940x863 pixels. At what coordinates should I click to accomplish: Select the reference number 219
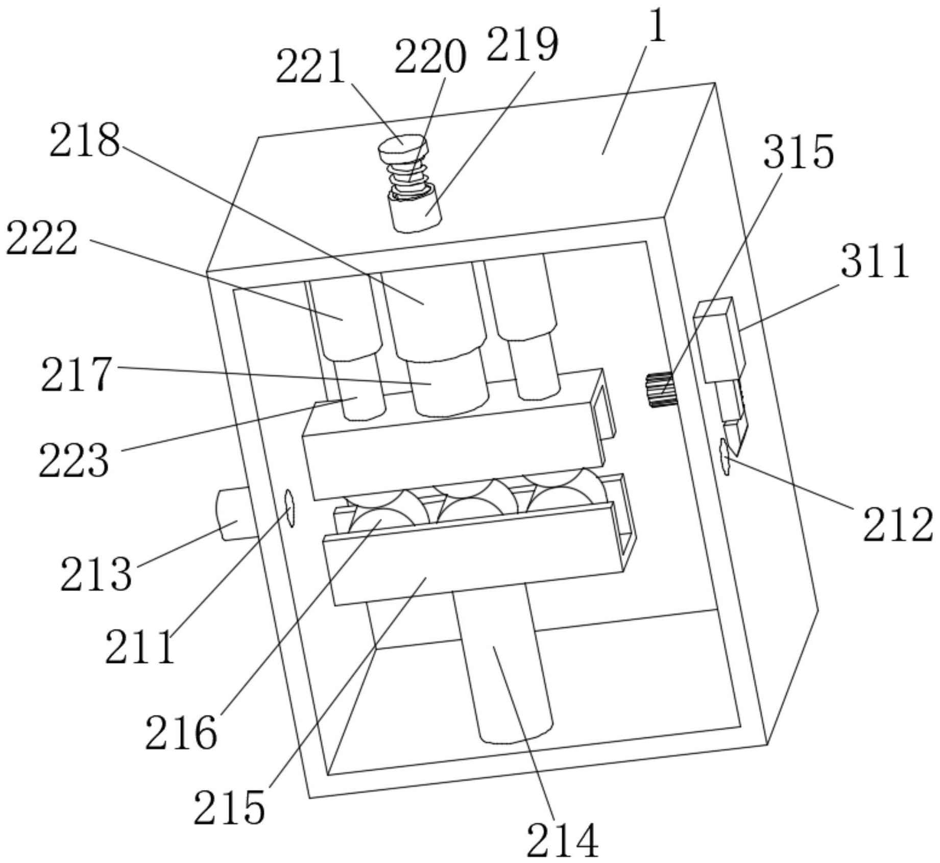(522, 45)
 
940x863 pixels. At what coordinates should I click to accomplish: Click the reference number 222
(42, 238)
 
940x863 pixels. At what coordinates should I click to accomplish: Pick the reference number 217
(77, 375)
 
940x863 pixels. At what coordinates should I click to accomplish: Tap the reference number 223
(74, 460)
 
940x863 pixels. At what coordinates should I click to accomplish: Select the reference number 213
(96, 574)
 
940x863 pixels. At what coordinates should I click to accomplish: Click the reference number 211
(140, 647)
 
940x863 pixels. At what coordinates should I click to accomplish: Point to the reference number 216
(181, 733)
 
